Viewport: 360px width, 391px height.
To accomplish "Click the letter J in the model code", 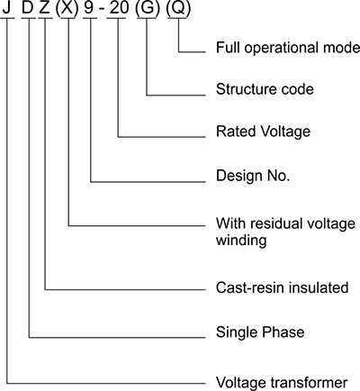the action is tap(7, 7).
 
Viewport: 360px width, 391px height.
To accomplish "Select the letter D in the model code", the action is tap(28, 7).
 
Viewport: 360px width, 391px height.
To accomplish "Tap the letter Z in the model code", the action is tap(44, 7).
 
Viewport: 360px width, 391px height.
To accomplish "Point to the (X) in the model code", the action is tap(67, 8).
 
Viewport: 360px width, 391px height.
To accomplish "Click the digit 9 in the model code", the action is tap(89, 7).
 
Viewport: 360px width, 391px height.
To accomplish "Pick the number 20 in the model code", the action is tap(119, 7).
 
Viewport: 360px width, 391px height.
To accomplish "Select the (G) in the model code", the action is tap(148, 8).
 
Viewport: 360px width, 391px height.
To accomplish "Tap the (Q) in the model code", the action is tap(178, 8).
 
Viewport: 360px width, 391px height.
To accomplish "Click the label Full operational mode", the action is tap(288, 48).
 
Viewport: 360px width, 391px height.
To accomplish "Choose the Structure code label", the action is tap(265, 89).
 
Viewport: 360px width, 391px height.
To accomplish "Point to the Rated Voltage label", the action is tap(264, 132).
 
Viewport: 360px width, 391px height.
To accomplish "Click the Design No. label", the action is tap(253, 176).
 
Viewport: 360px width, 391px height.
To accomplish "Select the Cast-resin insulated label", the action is tap(283, 287).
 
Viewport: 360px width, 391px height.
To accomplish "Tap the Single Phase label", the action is tap(260, 332).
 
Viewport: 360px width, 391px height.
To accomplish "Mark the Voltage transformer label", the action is tap(282, 383).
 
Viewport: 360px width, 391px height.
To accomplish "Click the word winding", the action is tap(241, 241).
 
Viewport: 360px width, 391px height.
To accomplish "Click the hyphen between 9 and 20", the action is tap(102, 9).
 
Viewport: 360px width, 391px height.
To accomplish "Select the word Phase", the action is tap(283, 332).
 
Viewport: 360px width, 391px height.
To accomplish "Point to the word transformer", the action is tap(310, 383).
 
